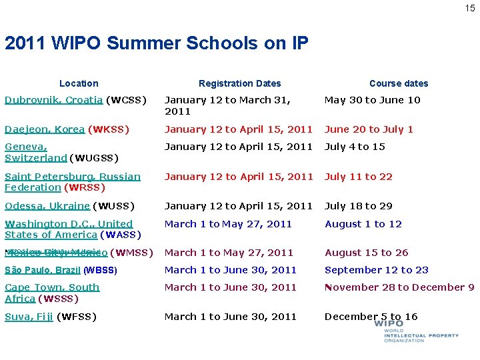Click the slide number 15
pos(470,8)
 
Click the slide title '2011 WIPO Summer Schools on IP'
pos(156,43)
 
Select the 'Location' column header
pos(79,83)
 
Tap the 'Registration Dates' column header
pos(239,83)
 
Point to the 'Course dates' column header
pos(399,83)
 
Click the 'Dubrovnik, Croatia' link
pos(53,100)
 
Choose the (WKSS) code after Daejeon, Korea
pos(109,129)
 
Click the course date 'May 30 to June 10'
pos(372,100)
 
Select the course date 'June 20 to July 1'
pos(369,129)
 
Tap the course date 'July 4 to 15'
pos(355,147)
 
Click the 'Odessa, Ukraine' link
pos(47,206)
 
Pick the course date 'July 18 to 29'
pos(358,206)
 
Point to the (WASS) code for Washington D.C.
pos(121,235)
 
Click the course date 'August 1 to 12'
pos(363,224)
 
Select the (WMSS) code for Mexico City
pos(132,253)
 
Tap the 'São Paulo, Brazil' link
pos(43,270)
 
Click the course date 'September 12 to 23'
pos(376,270)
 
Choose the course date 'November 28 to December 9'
pos(399,287)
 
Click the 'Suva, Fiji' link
pos(29,317)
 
